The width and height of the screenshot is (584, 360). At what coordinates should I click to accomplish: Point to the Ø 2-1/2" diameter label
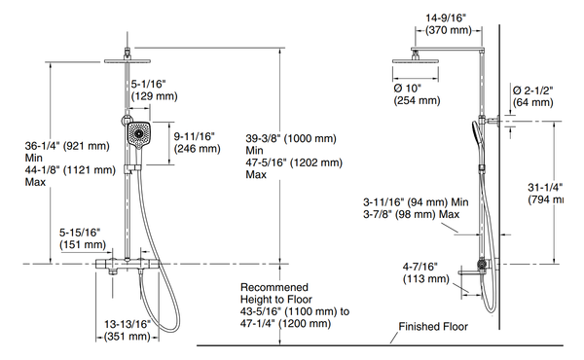pos(532,90)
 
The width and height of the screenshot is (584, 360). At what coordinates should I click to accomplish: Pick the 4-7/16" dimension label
pos(420,265)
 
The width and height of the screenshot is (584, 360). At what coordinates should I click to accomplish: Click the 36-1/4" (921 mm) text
pos(58,146)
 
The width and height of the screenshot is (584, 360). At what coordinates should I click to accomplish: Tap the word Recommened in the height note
pos(275,288)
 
